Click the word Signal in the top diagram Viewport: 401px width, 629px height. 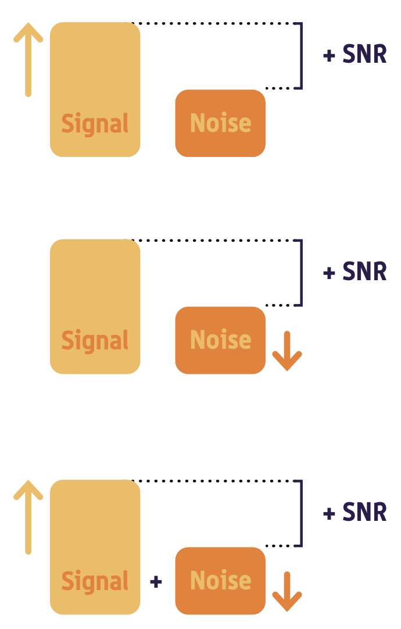[x=95, y=124]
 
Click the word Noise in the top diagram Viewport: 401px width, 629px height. [x=220, y=123]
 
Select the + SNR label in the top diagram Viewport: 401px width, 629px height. [x=355, y=55]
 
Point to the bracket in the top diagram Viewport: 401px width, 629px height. [x=301, y=56]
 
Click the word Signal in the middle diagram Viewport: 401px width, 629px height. [x=95, y=341]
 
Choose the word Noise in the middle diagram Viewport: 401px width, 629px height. [x=220, y=340]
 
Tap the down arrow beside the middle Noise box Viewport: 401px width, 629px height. [x=287, y=351]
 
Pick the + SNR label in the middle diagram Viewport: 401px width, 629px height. [x=355, y=272]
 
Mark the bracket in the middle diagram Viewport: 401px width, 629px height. [x=301, y=273]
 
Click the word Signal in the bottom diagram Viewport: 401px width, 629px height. [x=95, y=581]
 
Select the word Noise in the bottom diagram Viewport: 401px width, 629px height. [x=220, y=581]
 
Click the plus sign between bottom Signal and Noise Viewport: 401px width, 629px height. [x=156, y=581]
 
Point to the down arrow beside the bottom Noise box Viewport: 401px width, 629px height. [x=287, y=592]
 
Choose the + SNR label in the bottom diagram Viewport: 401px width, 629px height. [x=355, y=513]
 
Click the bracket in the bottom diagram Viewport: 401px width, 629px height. [x=301, y=513]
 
